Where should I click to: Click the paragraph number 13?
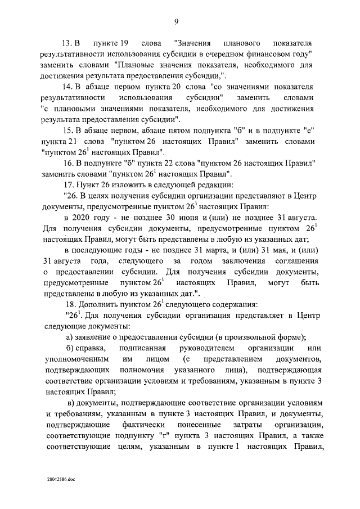click(x=67, y=43)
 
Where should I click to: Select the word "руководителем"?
click(x=204, y=349)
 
